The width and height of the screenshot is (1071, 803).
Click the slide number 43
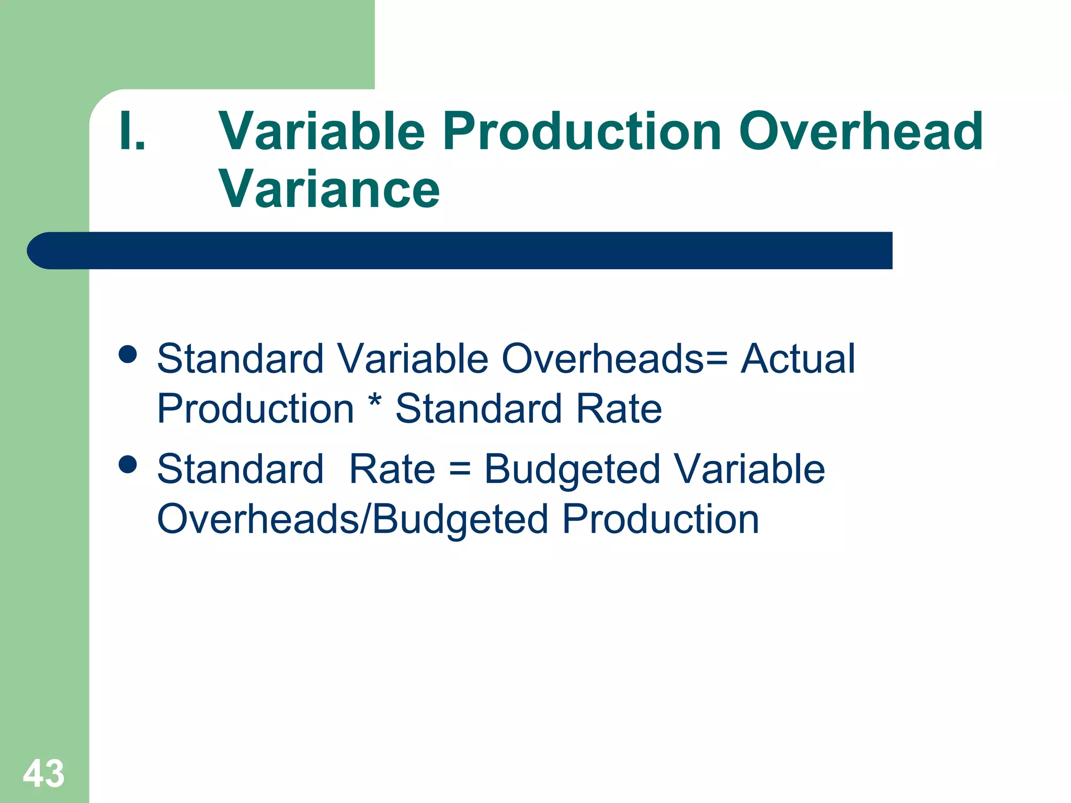pos(44,773)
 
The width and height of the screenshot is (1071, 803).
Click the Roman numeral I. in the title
pos(132,132)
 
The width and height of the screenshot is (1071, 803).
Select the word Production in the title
pos(583,132)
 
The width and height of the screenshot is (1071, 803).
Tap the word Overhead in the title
pos(861,132)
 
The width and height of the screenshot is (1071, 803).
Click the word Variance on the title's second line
pos(329,189)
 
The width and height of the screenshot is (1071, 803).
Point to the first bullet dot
pos(128,354)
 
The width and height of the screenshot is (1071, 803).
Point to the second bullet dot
pos(128,464)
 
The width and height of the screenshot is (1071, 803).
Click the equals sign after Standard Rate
pos(460,469)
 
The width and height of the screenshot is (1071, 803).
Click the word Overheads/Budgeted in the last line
pos(352,519)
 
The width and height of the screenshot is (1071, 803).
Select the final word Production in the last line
pos(660,519)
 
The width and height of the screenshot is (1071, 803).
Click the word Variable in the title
pos(322,132)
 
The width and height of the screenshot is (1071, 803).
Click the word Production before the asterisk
pos(256,408)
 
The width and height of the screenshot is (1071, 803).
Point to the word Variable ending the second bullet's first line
pos(749,469)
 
